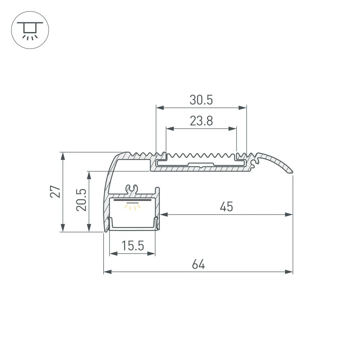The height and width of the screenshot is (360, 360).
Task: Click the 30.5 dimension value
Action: pyautogui.click(x=201, y=100)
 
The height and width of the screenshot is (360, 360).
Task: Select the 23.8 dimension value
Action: pyautogui.click(x=201, y=121)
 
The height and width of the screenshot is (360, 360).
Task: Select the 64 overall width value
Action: pyautogui.click(x=198, y=265)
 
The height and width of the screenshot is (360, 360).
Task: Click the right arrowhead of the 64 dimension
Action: pyautogui.click(x=289, y=272)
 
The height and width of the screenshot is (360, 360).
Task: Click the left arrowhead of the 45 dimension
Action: pyautogui.click(x=164, y=215)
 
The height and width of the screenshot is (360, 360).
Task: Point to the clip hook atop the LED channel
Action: pyautogui.click(x=132, y=188)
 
